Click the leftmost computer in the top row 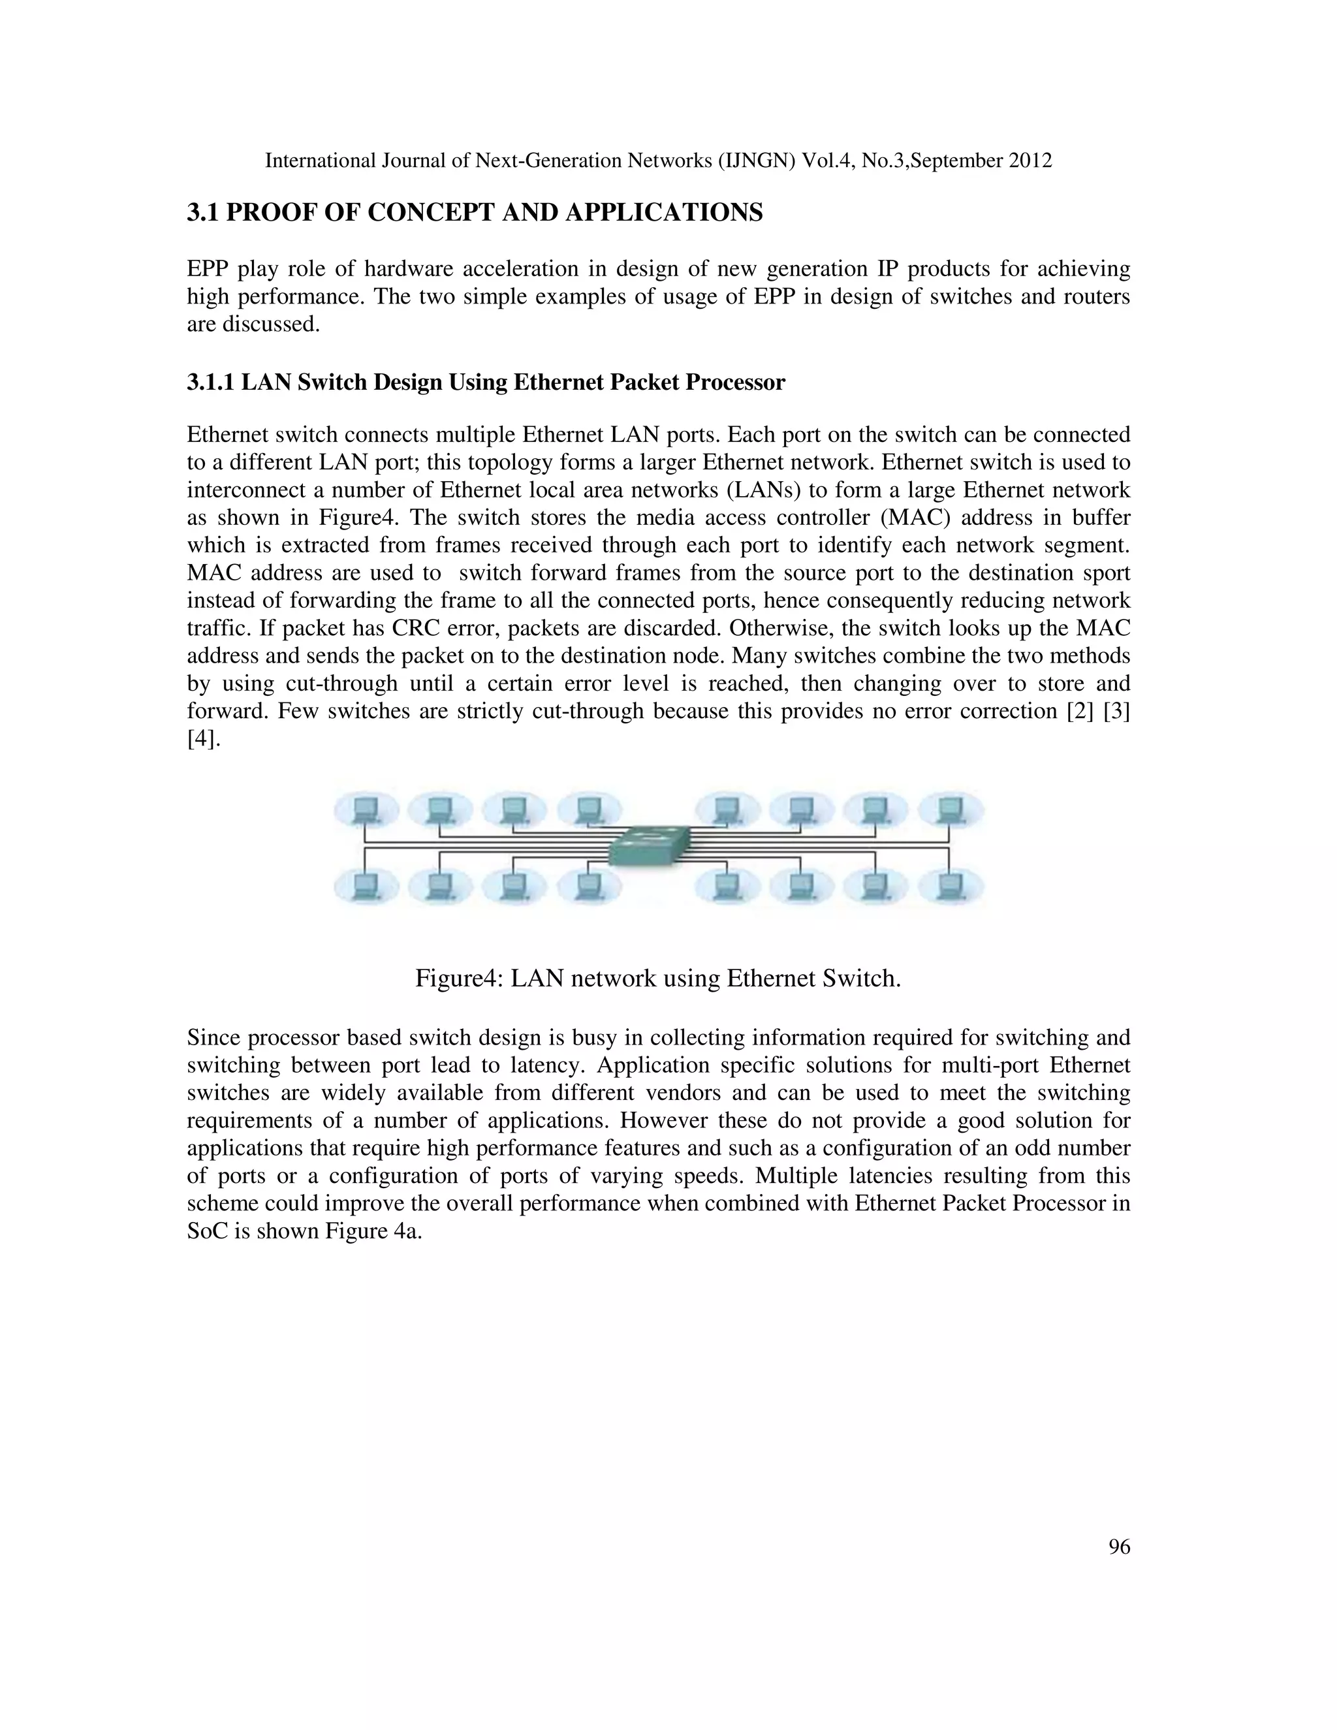pos(365,810)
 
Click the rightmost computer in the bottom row pos(950,886)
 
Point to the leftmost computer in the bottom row pos(365,886)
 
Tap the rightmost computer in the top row pos(950,810)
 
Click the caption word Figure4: pos(458,979)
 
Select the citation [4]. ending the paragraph pos(204,739)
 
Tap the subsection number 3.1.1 pos(211,383)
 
